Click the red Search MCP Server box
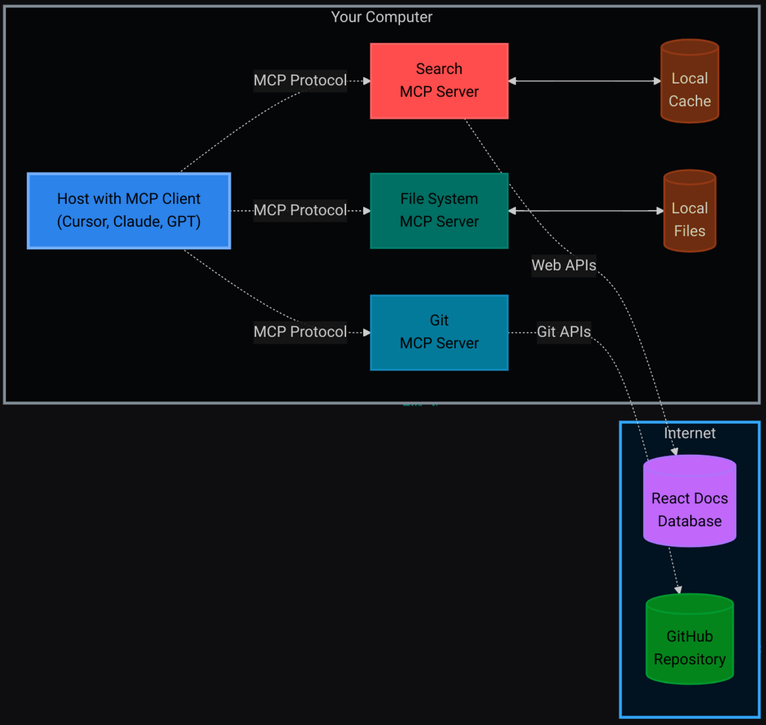pyautogui.click(x=439, y=80)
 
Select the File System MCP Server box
pyautogui.click(x=439, y=210)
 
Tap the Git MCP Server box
pyautogui.click(x=439, y=332)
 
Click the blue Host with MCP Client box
pyautogui.click(x=129, y=210)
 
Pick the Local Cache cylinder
pyautogui.click(x=689, y=82)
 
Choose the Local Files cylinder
pyautogui.click(x=689, y=211)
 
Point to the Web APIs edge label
pyautogui.click(x=563, y=265)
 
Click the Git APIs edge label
pyautogui.click(x=563, y=332)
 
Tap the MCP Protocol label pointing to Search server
pyautogui.click(x=300, y=80)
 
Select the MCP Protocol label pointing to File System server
pyautogui.click(x=300, y=210)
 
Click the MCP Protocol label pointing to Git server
pyautogui.click(x=300, y=332)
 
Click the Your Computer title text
pyautogui.click(x=381, y=17)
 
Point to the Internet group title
pyautogui.click(x=689, y=433)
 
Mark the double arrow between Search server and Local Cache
pyautogui.click(x=584, y=81)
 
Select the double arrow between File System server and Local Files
pyautogui.click(x=585, y=211)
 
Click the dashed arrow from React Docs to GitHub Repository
pyautogui.click(x=674, y=570)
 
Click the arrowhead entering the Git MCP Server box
pyautogui.click(x=367, y=332)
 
